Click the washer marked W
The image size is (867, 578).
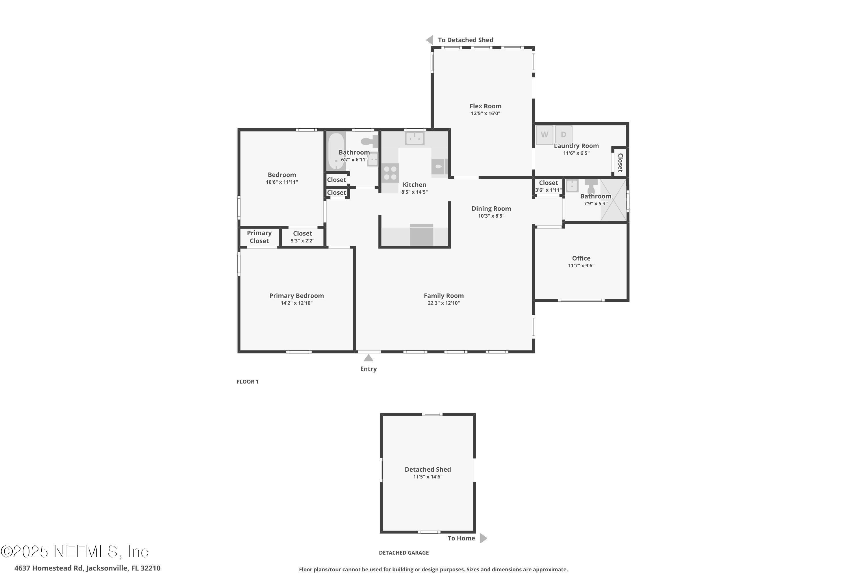544,135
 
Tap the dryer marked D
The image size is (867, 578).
563,135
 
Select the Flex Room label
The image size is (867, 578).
486,106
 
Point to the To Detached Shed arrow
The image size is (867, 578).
429,40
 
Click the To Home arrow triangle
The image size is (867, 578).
483,538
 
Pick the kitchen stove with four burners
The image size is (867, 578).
390,173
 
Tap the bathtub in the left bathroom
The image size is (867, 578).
336,151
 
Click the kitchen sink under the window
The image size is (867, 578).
415,138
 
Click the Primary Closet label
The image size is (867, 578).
259,237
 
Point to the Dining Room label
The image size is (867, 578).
491,209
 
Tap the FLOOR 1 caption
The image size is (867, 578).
247,381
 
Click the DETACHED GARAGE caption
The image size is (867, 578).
404,553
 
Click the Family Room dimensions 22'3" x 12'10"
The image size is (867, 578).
443,303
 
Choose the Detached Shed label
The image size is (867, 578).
428,469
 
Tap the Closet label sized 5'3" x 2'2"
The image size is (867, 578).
302,233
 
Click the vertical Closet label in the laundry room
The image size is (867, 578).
620,162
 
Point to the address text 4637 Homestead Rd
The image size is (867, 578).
49,568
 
